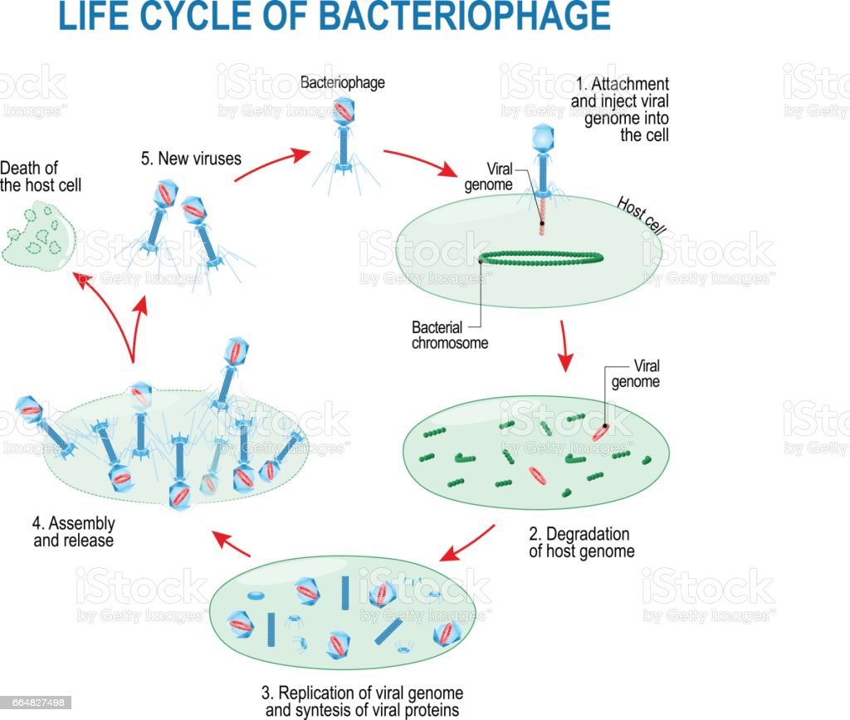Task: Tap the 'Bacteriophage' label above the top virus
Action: click(342, 83)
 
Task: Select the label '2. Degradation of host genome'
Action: click(580, 542)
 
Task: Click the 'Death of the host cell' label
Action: click(40, 176)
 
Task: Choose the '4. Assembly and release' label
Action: click(73, 532)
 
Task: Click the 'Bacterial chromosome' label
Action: click(448, 336)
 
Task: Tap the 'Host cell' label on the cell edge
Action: click(640, 216)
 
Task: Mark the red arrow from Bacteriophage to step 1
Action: click(419, 163)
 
